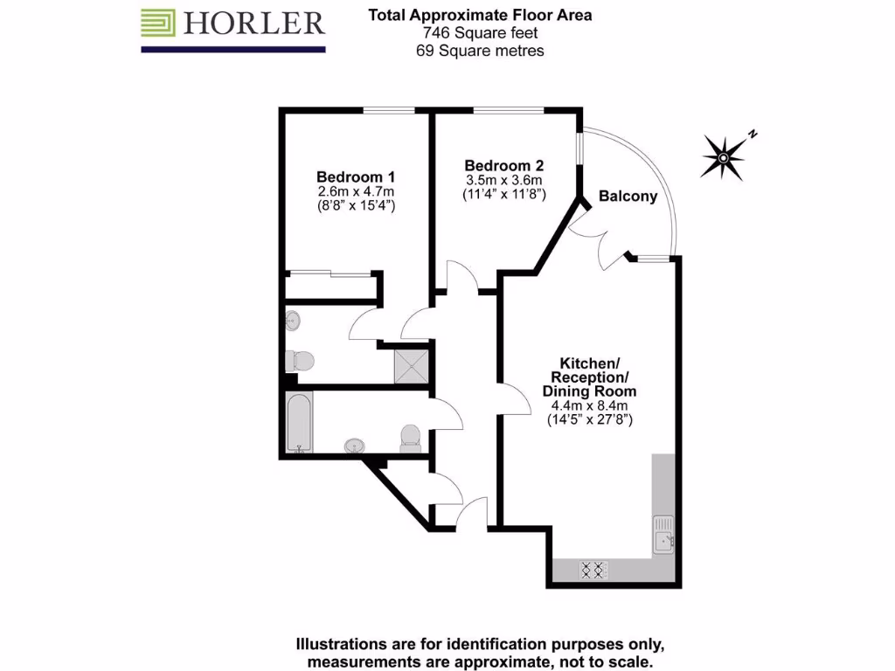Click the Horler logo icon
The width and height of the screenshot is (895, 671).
[x=159, y=24]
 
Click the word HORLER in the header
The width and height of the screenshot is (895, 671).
[x=253, y=24]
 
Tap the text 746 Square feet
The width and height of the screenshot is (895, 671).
[x=480, y=33]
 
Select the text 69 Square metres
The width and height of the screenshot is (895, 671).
[x=480, y=51]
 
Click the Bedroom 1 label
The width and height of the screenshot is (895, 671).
[x=356, y=176]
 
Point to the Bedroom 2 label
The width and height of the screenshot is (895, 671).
[x=504, y=166]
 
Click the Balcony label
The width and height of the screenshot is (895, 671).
[x=628, y=197]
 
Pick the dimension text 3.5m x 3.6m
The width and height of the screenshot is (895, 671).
[x=504, y=181]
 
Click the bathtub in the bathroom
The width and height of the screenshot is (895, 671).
[x=299, y=422]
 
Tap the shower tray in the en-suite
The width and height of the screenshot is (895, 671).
[x=413, y=364]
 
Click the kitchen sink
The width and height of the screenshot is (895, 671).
[x=663, y=535]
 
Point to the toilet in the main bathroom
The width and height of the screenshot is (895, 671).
[x=410, y=438]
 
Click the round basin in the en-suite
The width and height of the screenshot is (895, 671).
[x=293, y=322]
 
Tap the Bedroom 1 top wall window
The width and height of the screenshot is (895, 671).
[x=389, y=110]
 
